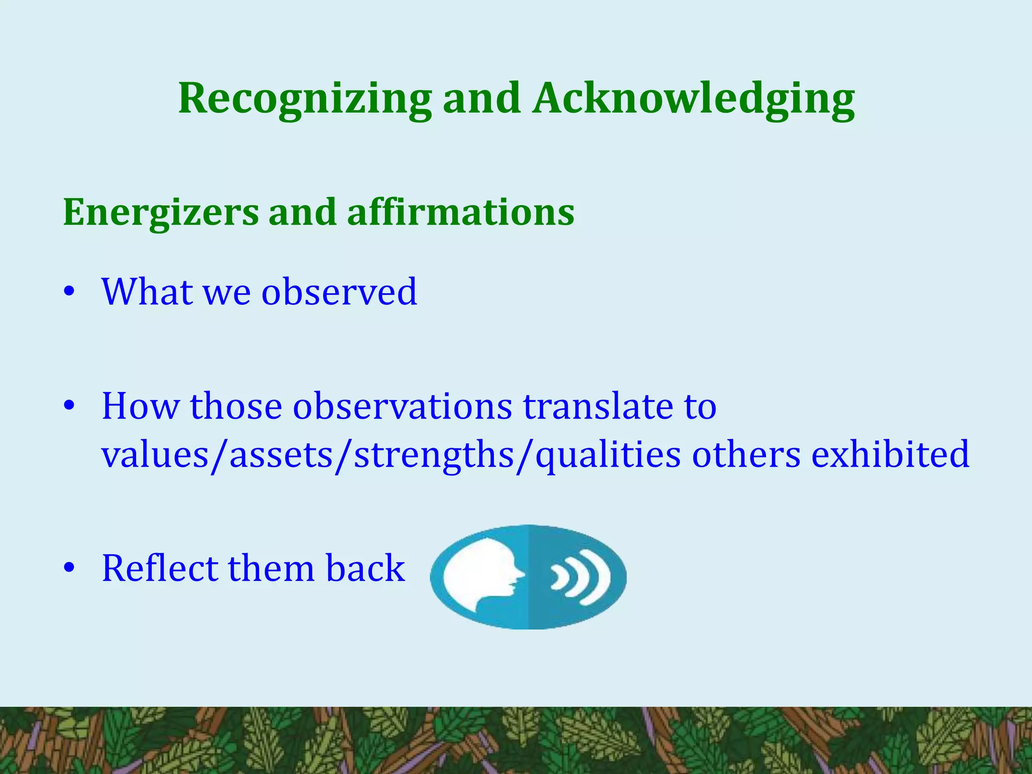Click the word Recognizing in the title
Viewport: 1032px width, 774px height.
pyautogui.click(x=305, y=99)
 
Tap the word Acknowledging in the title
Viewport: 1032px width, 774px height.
pyautogui.click(x=694, y=99)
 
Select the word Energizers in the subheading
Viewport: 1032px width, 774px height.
pyautogui.click(x=161, y=213)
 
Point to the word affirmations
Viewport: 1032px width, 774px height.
pyautogui.click(x=461, y=213)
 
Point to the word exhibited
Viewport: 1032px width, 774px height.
pyautogui.click(x=890, y=454)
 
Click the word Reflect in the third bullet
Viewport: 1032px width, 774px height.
pyautogui.click(x=159, y=568)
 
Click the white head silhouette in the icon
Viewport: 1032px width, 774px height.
pyautogui.click(x=481, y=574)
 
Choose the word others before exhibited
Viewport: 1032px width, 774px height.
pyautogui.click(x=746, y=454)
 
